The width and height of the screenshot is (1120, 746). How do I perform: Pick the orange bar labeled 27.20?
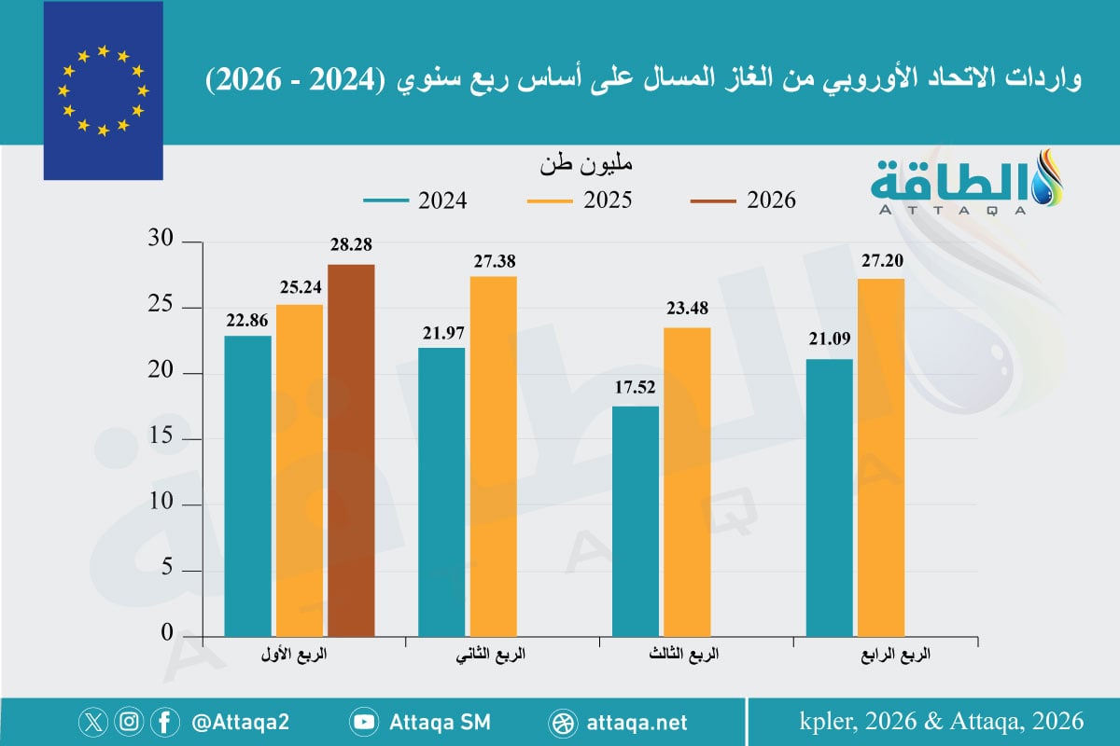coord(880,457)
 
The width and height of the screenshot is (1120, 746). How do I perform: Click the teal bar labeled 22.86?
coord(248,485)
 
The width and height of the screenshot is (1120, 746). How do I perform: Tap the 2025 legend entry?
coord(579,200)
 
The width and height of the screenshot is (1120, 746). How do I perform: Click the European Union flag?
coord(103,90)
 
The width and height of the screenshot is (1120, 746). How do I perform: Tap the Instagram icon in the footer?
coord(131,722)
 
